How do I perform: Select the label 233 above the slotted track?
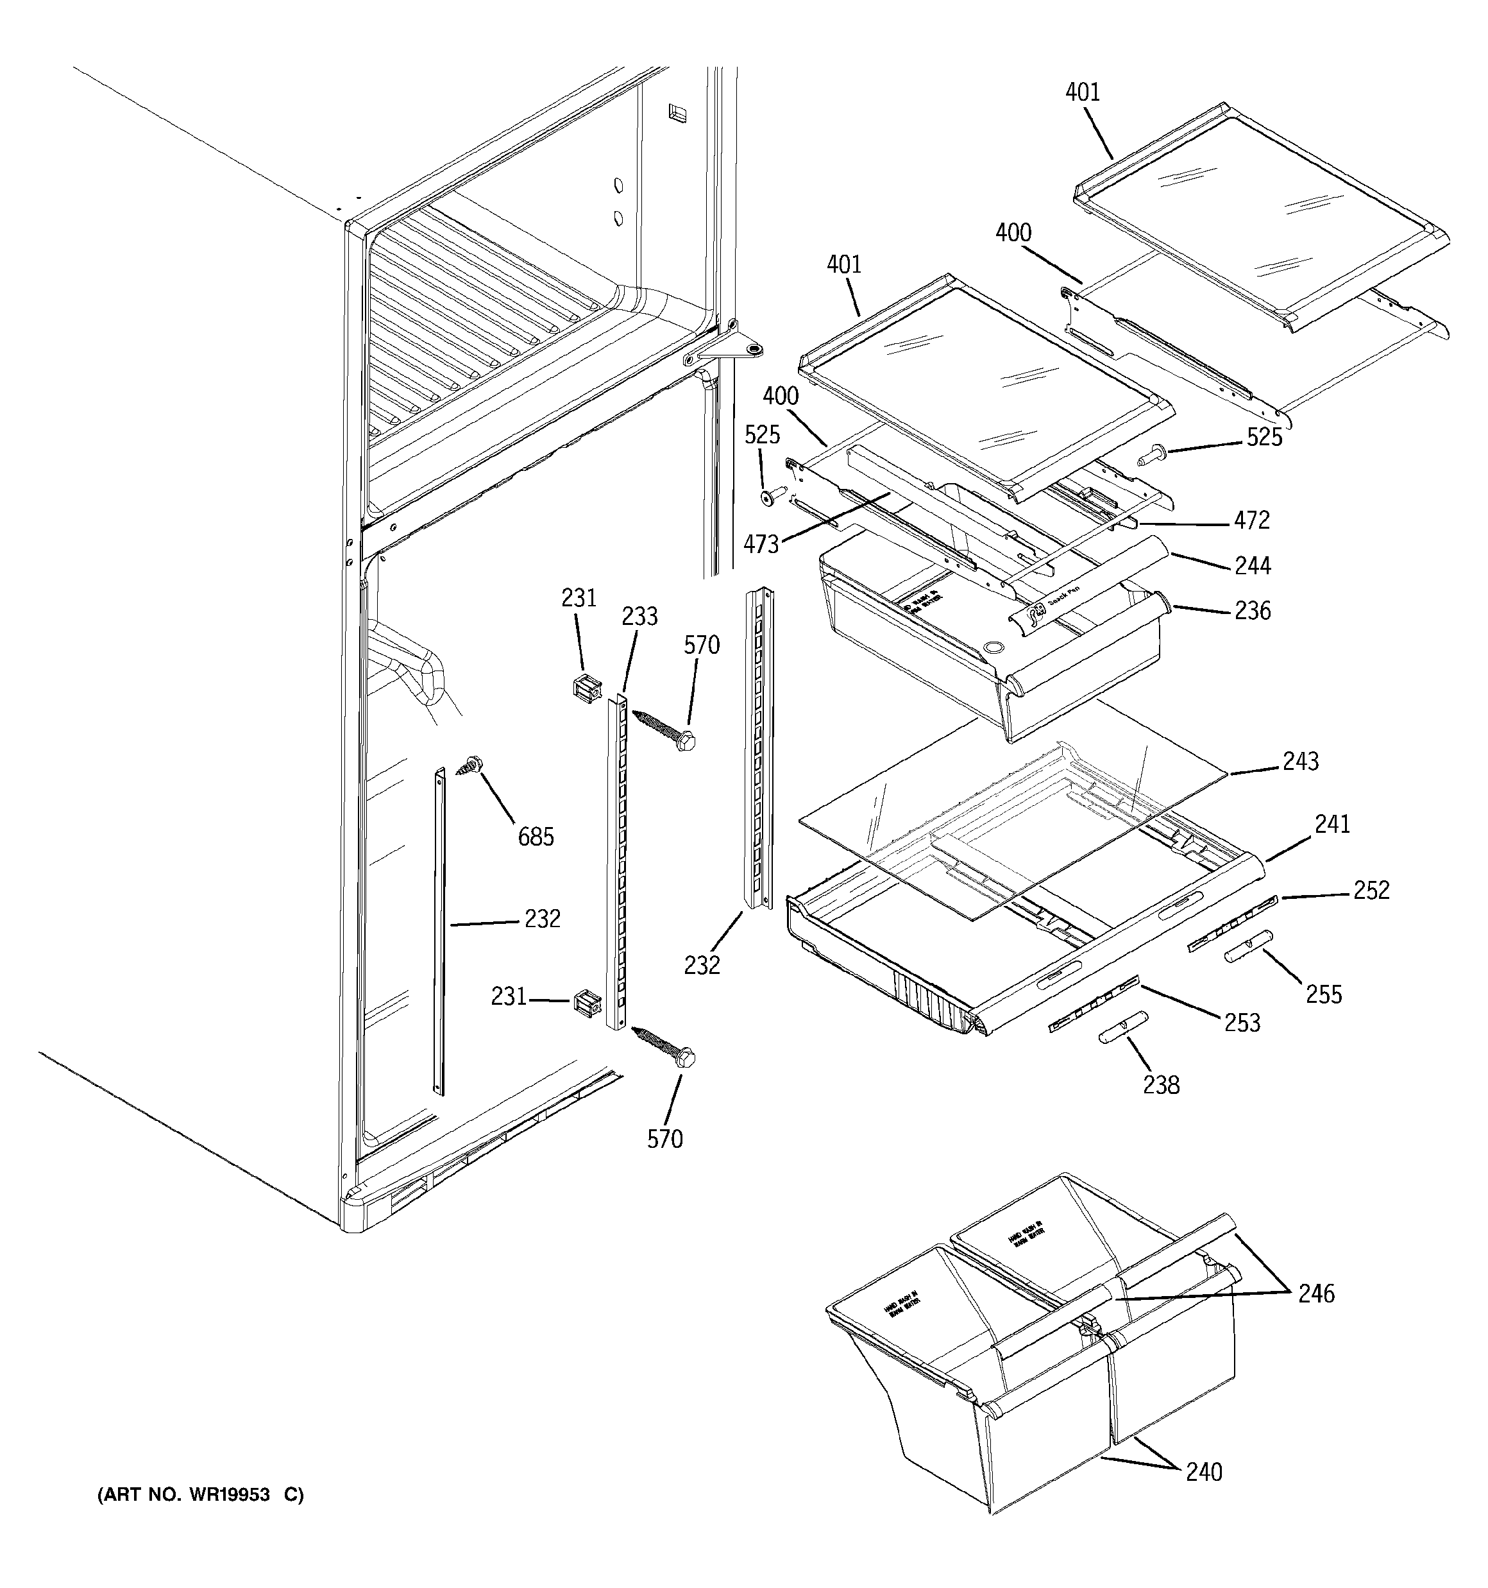click(639, 616)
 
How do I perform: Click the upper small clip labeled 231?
click(586, 688)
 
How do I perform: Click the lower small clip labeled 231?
click(586, 1004)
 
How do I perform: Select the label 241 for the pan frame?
click(1332, 824)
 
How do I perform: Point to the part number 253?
click(1242, 1023)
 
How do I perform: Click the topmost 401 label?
click(1082, 92)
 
